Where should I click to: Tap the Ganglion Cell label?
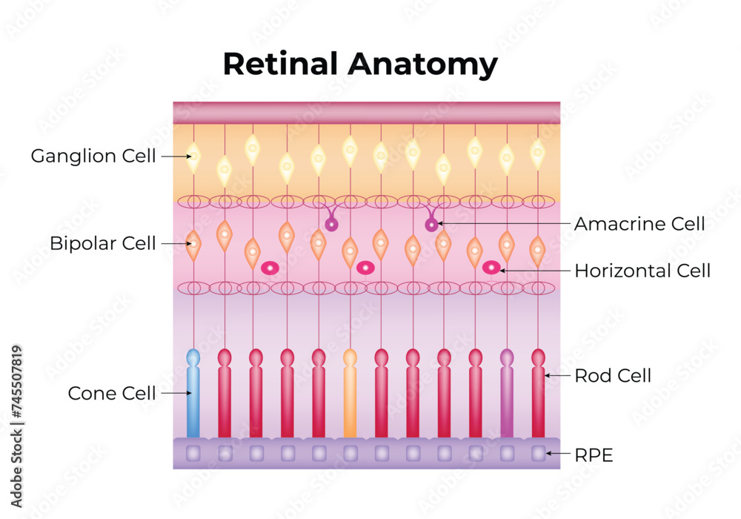pyautogui.click(x=93, y=156)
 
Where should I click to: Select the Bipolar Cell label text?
pyautogui.click(x=103, y=243)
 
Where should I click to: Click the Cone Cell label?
pyautogui.click(x=112, y=393)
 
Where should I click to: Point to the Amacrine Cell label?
pyautogui.click(x=639, y=223)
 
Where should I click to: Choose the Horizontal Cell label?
pyautogui.click(x=642, y=271)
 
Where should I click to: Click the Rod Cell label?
pyautogui.click(x=613, y=376)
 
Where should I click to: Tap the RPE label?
pyautogui.click(x=594, y=455)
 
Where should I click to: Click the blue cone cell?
pyautogui.click(x=193, y=397)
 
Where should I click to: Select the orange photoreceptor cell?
pyautogui.click(x=350, y=397)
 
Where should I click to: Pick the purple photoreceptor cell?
pyautogui.click(x=507, y=397)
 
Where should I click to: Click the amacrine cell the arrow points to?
pyautogui.click(x=431, y=224)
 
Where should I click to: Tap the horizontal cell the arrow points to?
pyautogui.click(x=491, y=268)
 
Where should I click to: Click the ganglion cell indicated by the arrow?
pyautogui.click(x=193, y=157)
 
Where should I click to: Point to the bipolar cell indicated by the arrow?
pyautogui.click(x=193, y=242)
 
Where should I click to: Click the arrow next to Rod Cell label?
pyautogui.click(x=558, y=376)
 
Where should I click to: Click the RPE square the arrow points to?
pyautogui.click(x=539, y=452)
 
